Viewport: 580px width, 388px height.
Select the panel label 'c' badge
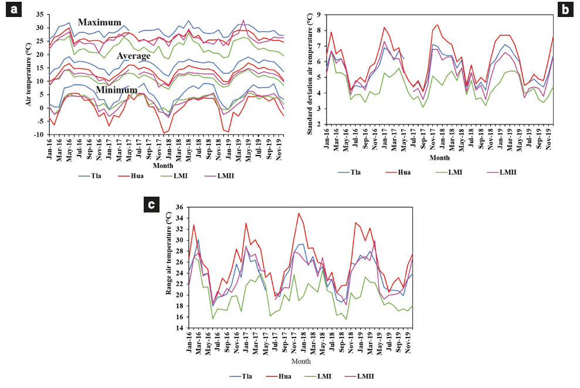coord(152,204)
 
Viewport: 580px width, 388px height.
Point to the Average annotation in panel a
coord(134,56)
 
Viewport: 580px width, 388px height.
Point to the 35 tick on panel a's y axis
coord(40,14)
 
